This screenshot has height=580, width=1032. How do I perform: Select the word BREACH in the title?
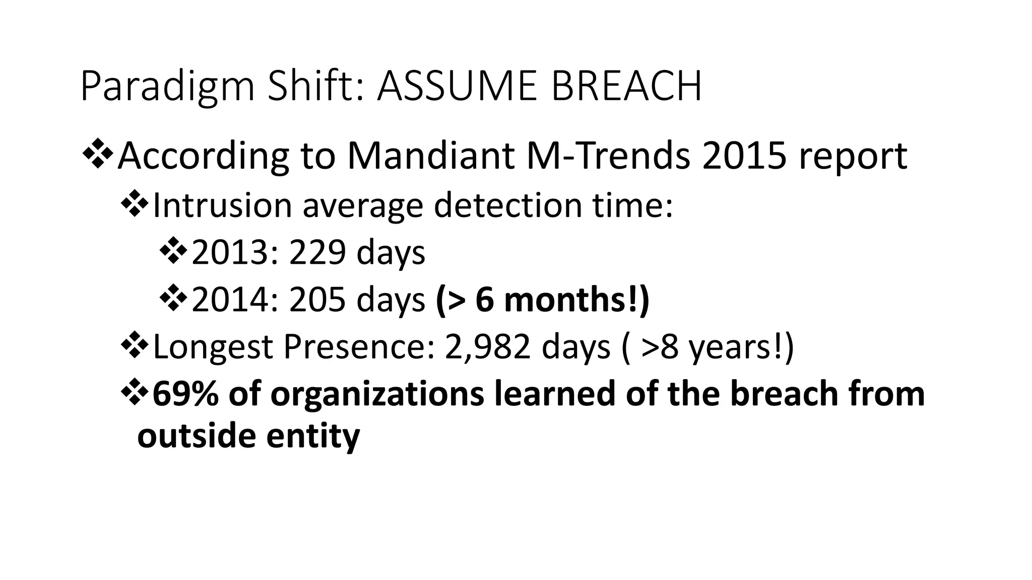point(626,87)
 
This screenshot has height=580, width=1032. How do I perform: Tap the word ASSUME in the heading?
point(457,87)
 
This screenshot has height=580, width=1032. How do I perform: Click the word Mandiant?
point(431,156)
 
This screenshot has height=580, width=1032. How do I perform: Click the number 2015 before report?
point(744,156)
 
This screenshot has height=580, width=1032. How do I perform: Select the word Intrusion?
point(222,205)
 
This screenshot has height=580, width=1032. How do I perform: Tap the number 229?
point(317,253)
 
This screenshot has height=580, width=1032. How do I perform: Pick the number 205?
point(317,300)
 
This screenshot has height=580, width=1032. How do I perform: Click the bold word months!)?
point(576,300)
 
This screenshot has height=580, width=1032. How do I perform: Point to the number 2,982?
point(487,347)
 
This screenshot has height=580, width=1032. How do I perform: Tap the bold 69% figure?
point(185,394)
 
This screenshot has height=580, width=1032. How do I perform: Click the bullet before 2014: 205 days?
point(173,299)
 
